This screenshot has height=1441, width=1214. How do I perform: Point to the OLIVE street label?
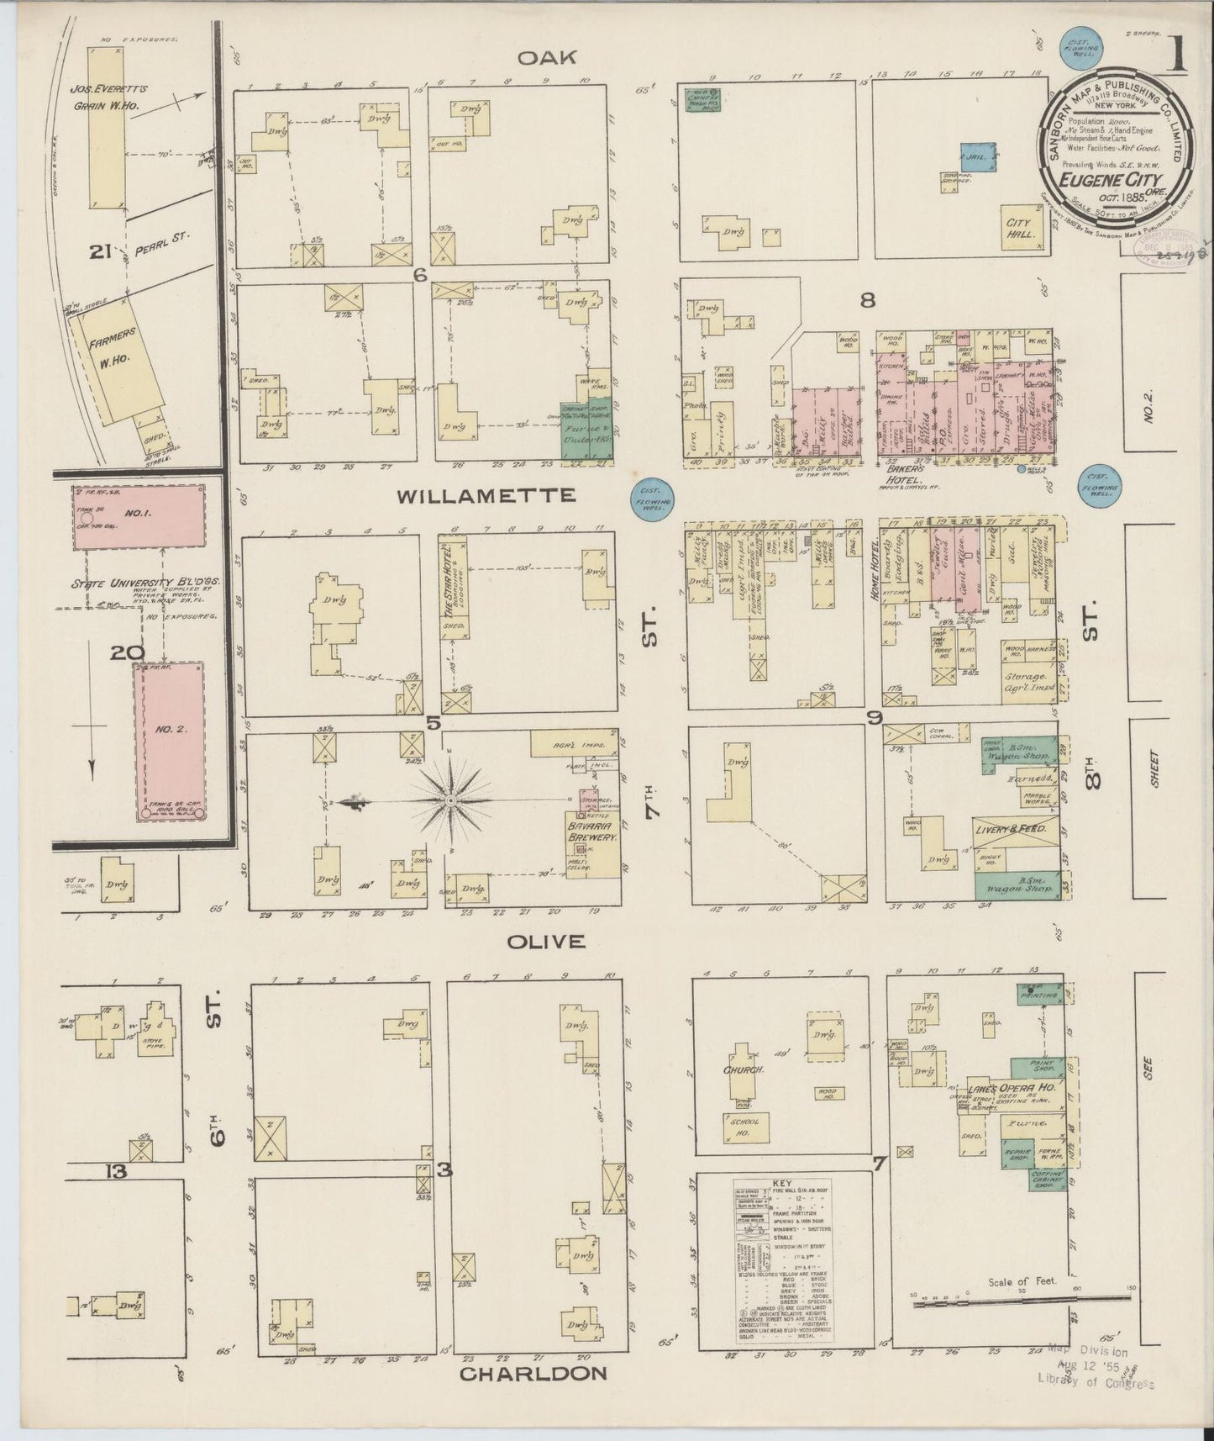click(x=546, y=941)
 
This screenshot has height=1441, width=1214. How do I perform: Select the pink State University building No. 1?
click(x=140, y=516)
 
